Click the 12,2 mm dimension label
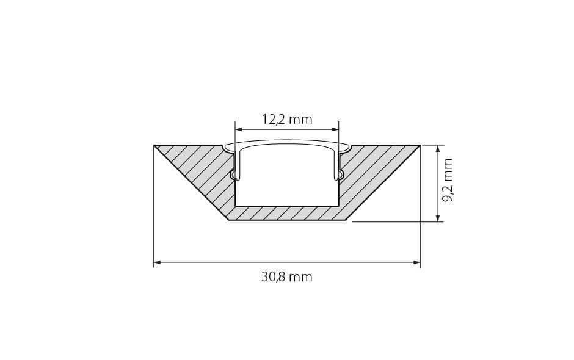tap(287, 119)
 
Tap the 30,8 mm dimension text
tap(287, 277)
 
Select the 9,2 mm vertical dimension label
tap(448, 181)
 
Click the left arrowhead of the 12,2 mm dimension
tap(239, 129)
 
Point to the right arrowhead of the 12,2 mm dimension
tap(335, 129)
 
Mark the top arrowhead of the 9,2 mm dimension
tap(438, 149)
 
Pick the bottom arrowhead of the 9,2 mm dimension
tap(438, 218)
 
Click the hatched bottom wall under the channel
tap(287, 213)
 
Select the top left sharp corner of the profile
tap(154, 145)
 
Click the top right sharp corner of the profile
tap(420, 145)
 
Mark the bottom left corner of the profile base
tap(228, 219)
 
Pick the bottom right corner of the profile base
tap(346, 219)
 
